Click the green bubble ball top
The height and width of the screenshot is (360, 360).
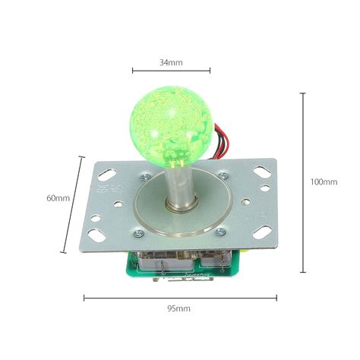[172, 127]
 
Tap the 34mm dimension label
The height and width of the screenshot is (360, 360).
[171, 62]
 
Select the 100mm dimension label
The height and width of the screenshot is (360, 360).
[324, 182]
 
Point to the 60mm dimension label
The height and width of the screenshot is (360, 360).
[58, 198]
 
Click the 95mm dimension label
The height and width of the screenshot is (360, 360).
[178, 308]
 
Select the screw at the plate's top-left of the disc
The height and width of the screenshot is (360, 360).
[145, 178]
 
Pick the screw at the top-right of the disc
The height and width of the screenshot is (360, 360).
[223, 175]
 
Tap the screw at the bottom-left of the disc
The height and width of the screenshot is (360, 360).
[139, 233]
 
